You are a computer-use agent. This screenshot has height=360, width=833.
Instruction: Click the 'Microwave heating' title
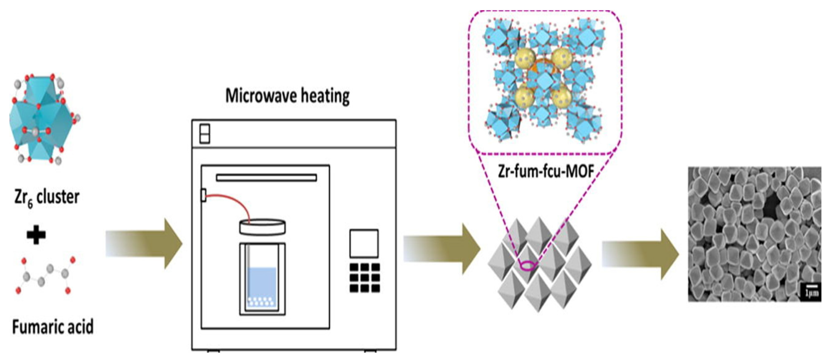click(x=287, y=96)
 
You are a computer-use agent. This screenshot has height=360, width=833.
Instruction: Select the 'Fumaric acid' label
click(x=53, y=327)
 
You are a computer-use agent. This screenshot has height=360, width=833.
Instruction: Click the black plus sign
click(x=36, y=236)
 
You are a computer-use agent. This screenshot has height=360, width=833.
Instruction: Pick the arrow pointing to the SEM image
click(x=640, y=254)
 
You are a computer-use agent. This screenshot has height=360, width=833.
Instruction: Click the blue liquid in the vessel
click(x=262, y=281)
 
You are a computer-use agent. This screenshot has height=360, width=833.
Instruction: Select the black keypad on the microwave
click(x=365, y=278)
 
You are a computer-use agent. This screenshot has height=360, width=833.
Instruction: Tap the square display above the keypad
click(x=364, y=243)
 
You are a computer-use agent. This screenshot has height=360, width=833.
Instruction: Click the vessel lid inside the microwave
click(x=262, y=227)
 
